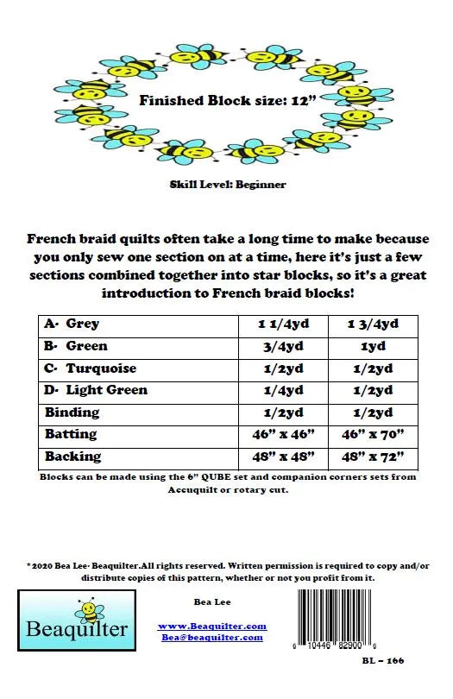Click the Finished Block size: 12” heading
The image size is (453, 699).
pyautogui.click(x=227, y=100)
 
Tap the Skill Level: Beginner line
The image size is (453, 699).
pyautogui.click(x=227, y=184)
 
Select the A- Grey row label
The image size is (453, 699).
pyautogui.click(x=72, y=324)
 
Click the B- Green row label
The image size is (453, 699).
pyautogui.click(x=77, y=346)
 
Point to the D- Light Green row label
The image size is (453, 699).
pyautogui.click(x=97, y=390)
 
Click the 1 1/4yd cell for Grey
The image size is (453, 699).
pyautogui.click(x=280, y=324)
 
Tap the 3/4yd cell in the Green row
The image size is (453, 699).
pyautogui.click(x=280, y=346)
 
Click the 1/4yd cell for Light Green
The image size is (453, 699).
pyautogui.click(x=280, y=390)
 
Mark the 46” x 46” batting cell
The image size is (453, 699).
pyautogui.click(x=280, y=434)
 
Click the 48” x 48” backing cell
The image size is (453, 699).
pyautogui.click(x=280, y=457)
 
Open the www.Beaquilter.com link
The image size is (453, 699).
pyautogui.click(x=212, y=626)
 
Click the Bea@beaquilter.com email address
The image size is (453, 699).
pyautogui.click(x=212, y=637)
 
